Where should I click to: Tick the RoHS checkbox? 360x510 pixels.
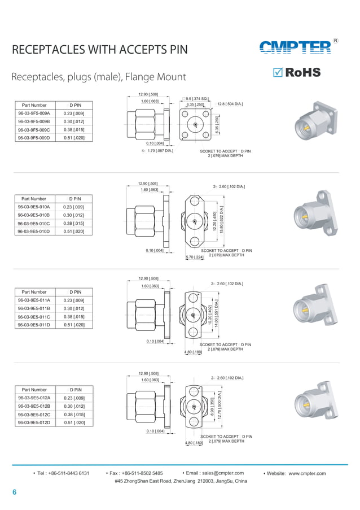pyautogui.click(x=277, y=72)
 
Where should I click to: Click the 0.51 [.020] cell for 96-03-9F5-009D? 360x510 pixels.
pyautogui.click(x=74, y=138)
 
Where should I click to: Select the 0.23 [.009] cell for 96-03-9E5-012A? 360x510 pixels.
pyautogui.click(x=74, y=398)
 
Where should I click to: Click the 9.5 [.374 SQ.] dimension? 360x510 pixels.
pyautogui.click(x=197, y=98)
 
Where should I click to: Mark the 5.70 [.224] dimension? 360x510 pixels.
pyautogui.click(x=194, y=258)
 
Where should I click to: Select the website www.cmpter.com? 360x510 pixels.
pyautogui.click(x=308, y=473)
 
